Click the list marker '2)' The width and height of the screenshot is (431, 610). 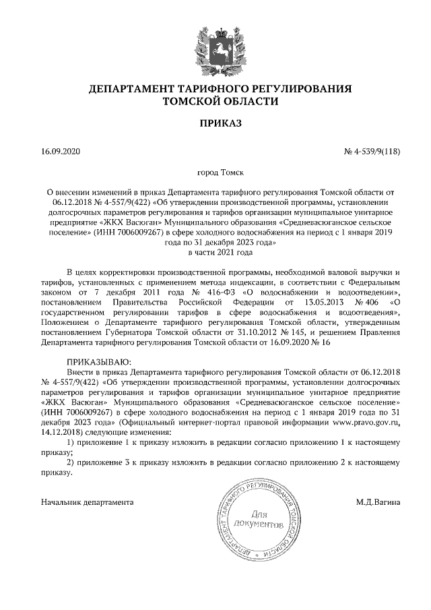[x=73, y=463]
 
